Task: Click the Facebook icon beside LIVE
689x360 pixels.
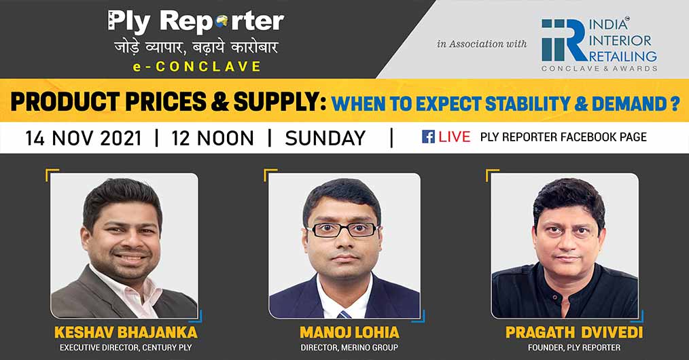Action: [429, 137]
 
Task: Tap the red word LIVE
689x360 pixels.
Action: [455, 137]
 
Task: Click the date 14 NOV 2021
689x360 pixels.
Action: [84, 139]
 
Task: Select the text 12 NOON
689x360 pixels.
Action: [213, 139]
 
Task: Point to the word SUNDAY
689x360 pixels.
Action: [325, 139]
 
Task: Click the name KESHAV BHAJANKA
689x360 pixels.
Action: [126, 332]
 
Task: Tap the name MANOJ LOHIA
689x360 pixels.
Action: [349, 332]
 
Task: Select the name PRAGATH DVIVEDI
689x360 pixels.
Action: [574, 332]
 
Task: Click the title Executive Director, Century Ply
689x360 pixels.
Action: [126, 347]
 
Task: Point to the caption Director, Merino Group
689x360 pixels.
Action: [349, 347]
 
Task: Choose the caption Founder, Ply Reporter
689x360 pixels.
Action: [574, 347]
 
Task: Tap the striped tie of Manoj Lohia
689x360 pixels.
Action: [344, 314]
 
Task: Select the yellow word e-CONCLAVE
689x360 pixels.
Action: [197, 67]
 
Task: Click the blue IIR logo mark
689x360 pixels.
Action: [564, 40]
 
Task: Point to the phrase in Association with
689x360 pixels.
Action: [482, 44]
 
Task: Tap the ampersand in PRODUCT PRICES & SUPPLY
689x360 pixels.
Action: [219, 102]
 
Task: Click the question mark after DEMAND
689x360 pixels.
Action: [675, 104]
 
